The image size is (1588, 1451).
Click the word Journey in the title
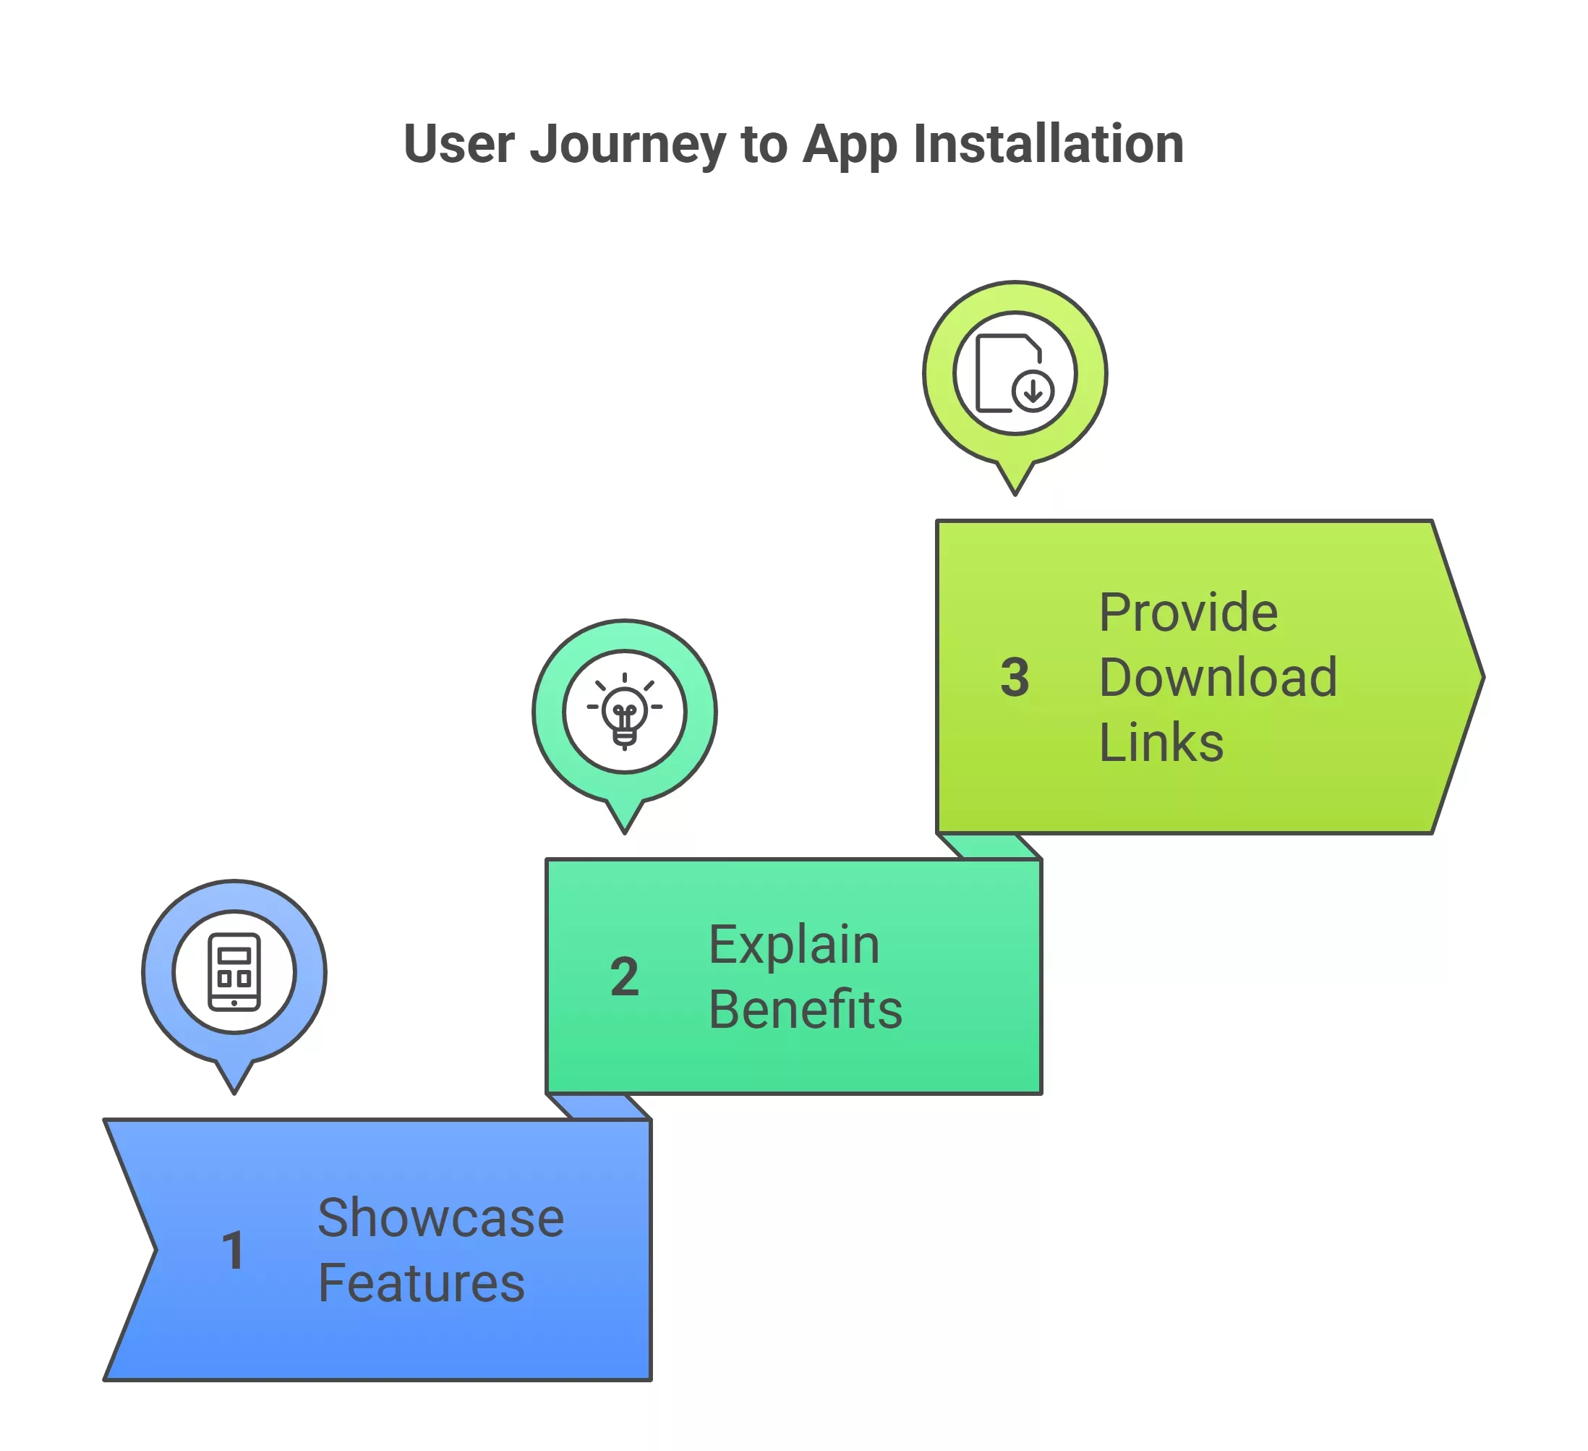[627, 145]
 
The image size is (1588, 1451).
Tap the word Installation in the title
[1049, 145]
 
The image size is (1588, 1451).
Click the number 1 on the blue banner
[233, 1250]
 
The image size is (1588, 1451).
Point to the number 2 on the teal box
[625, 976]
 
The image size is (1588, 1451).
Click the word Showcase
[440, 1218]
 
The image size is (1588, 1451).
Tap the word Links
[1161, 742]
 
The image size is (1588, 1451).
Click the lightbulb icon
[625, 710]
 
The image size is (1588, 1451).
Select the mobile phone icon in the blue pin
[234, 971]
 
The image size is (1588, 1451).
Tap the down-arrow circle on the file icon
[1033, 390]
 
